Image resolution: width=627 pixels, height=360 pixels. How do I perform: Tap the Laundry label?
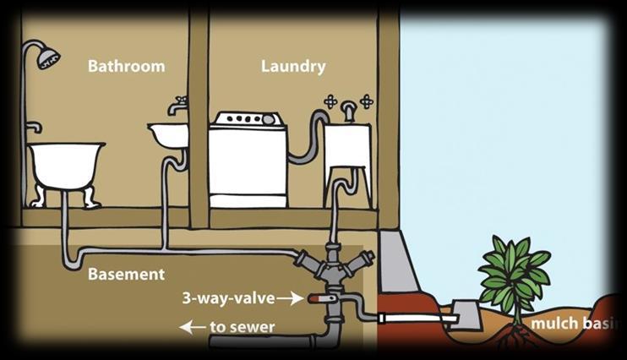(292, 66)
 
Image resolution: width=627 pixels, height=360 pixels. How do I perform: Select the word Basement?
(127, 275)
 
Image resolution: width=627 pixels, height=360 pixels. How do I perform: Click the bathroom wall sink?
(167, 134)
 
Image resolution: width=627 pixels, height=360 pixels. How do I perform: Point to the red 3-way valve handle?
(317, 298)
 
